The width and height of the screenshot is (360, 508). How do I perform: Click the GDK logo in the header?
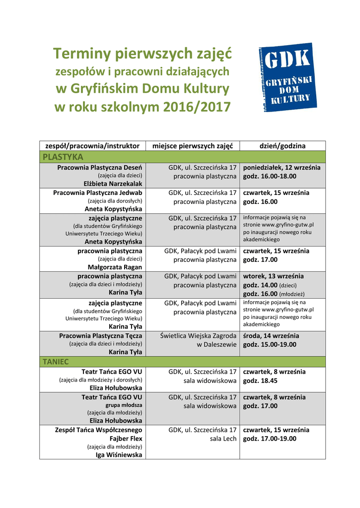286,77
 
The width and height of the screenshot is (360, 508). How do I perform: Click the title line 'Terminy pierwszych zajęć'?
142,53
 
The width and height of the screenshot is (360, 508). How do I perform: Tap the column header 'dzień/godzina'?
283,146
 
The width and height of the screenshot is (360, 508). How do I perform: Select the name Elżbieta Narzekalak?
113,184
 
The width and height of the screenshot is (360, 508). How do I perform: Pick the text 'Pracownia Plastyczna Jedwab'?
98,192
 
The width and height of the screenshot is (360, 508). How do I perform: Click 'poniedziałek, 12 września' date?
282,168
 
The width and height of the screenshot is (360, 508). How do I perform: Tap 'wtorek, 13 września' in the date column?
274,276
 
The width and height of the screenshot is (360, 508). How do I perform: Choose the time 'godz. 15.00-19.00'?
270,344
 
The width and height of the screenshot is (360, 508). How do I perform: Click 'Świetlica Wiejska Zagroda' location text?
198,336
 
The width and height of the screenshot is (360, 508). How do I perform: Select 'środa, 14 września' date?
271,336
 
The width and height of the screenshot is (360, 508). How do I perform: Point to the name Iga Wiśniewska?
119,455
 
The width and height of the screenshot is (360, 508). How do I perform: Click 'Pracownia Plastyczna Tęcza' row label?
100,336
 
